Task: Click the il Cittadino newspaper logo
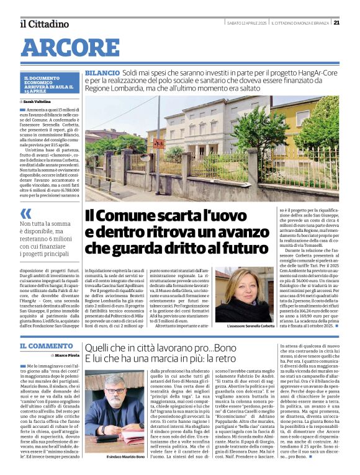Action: (44, 24)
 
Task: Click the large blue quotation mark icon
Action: (26, 215)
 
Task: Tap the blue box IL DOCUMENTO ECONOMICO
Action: (48, 84)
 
